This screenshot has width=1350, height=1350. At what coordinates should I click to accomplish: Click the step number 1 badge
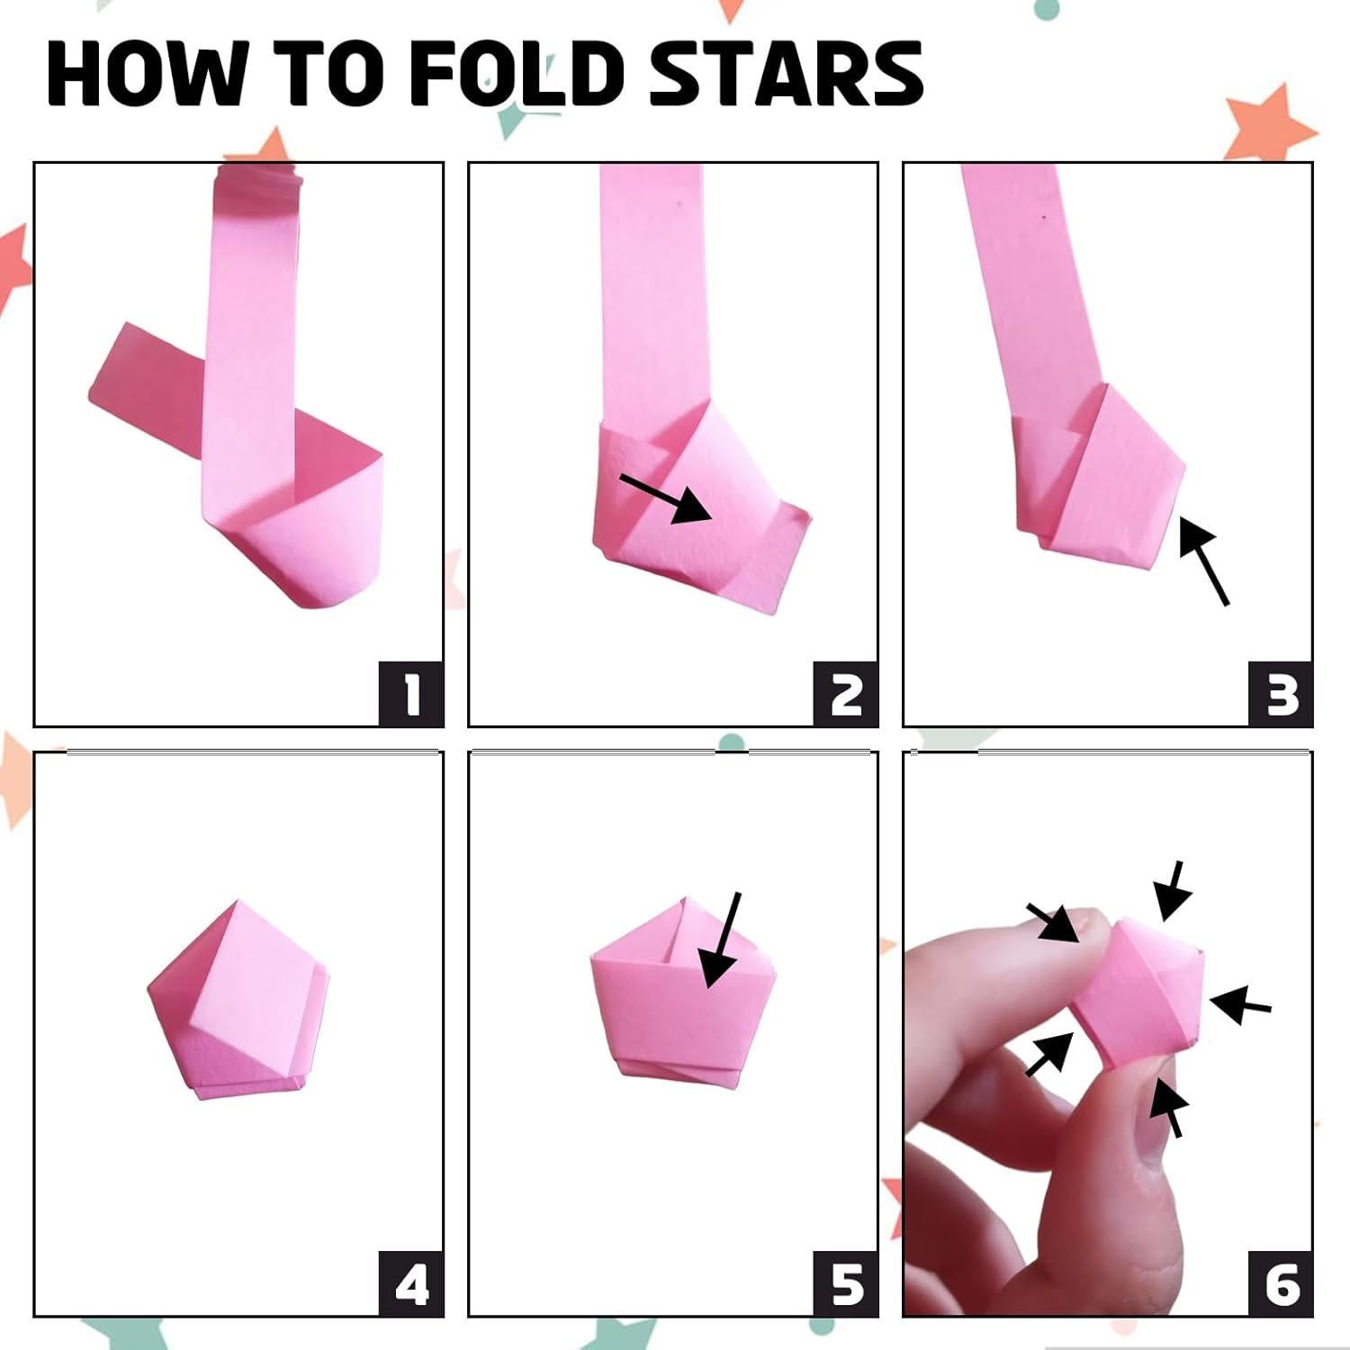[x=411, y=694]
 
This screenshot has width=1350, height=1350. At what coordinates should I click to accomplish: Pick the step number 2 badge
[x=846, y=694]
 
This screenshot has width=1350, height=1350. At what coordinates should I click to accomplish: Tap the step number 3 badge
[x=1281, y=694]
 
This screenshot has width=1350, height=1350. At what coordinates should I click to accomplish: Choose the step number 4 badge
[x=411, y=1283]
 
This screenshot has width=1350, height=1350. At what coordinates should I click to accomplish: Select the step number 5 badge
[x=846, y=1283]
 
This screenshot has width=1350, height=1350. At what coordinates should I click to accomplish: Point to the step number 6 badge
[x=1281, y=1283]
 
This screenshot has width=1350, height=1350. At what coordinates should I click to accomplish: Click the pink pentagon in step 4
[x=238, y=999]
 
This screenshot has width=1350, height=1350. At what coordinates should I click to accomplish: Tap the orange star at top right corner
[x=1269, y=126]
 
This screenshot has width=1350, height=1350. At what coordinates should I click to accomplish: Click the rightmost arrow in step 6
[x=1240, y=1005]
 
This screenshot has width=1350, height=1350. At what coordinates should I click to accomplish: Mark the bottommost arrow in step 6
[x=1167, y=1107]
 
